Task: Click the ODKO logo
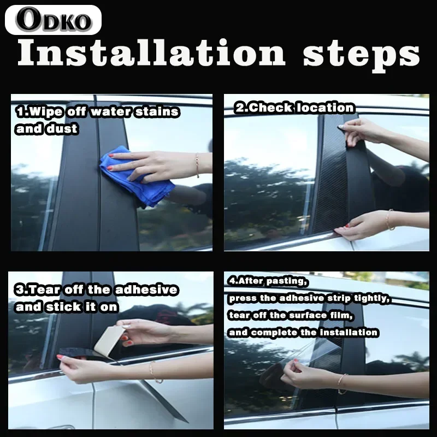(x=53, y=20)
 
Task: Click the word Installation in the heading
(x=151, y=52)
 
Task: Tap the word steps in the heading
(x=362, y=56)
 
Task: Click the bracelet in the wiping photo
(x=197, y=165)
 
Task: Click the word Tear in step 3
(x=44, y=290)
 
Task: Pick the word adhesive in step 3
(x=146, y=290)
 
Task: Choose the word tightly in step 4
(x=371, y=298)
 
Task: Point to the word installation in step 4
(x=349, y=332)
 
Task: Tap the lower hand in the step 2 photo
(x=359, y=225)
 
